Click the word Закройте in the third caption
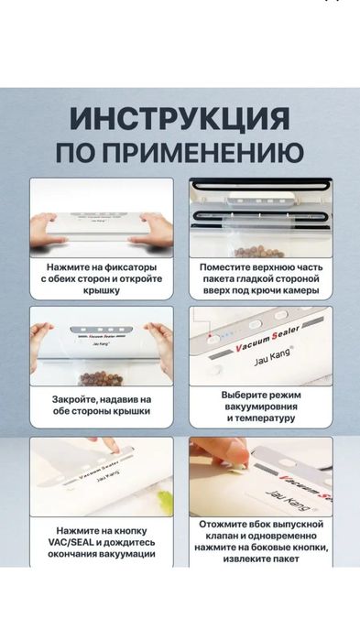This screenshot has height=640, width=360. point(73,399)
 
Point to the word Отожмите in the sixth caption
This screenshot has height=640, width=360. point(224,527)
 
